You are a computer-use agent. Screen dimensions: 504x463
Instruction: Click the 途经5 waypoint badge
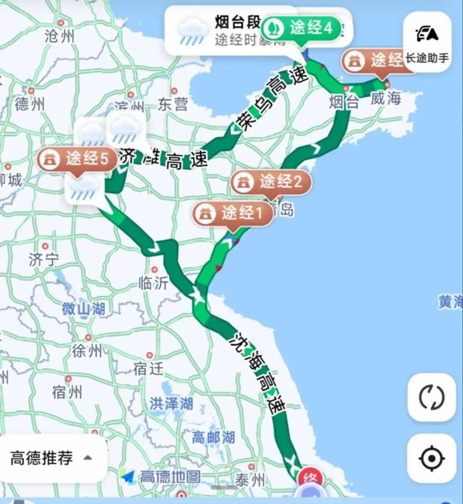[x=73, y=159]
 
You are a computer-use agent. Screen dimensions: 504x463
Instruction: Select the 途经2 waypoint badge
[x=271, y=182]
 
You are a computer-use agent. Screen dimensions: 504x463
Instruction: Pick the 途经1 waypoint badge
[x=233, y=213]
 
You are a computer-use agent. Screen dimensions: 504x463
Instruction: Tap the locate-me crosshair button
[x=431, y=459]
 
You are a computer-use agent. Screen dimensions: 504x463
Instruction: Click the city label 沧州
[x=60, y=36]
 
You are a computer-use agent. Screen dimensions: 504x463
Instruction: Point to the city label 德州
[x=30, y=104]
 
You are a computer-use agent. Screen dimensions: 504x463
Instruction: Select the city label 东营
[x=173, y=104]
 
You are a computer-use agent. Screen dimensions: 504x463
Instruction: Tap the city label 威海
[x=386, y=98]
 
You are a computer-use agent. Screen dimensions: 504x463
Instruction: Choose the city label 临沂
[x=153, y=283]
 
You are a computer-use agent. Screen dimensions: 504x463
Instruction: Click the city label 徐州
[x=87, y=350]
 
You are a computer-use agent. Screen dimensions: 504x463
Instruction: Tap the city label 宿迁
[x=148, y=368]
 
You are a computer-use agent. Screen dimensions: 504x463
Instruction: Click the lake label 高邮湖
[x=214, y=437]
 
